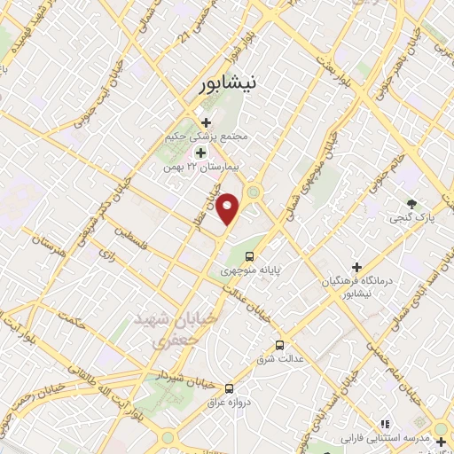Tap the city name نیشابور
(226, 83)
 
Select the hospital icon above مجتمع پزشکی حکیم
(206, 122)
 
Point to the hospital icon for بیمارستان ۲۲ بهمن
(200, 153)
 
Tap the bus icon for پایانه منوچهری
(248, 257)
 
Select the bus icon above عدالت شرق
(280, 344)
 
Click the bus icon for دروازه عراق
(230, 387)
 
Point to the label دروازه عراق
(229, 402)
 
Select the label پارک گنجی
(410, 217)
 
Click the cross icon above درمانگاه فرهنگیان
(356, 267)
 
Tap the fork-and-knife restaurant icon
(384, 425)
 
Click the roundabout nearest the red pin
(254, 192)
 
